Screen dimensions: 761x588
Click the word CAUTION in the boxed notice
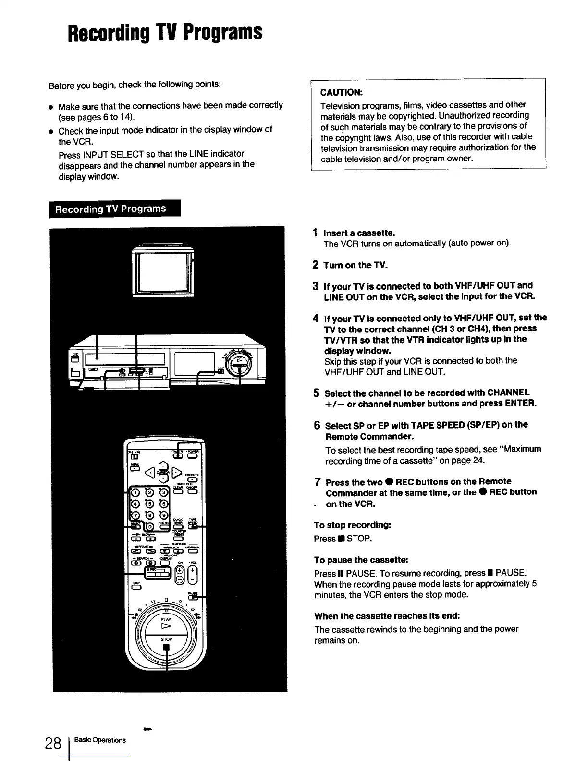point(341,92)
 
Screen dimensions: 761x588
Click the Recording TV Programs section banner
point(115,209)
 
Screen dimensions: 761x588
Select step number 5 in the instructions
point(317,393)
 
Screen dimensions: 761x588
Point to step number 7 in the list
point(318,482)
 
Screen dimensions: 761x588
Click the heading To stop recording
point(352,525)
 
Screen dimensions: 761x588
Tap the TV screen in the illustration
point(162,272)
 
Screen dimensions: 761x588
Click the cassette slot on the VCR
point(125,359)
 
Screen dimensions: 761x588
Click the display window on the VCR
point(195,364)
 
